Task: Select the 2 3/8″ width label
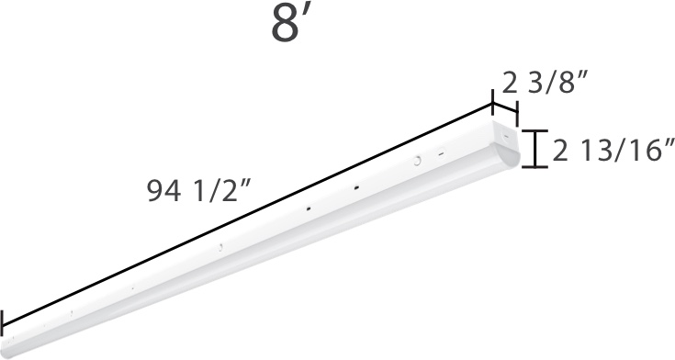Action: click(544, 85)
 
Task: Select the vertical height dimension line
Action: click(536, 148)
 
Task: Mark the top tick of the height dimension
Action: click(536, 129)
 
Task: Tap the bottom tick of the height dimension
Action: click(536, 167)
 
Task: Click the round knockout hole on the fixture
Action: click(417, 162)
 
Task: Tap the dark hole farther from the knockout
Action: click(308, 208)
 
